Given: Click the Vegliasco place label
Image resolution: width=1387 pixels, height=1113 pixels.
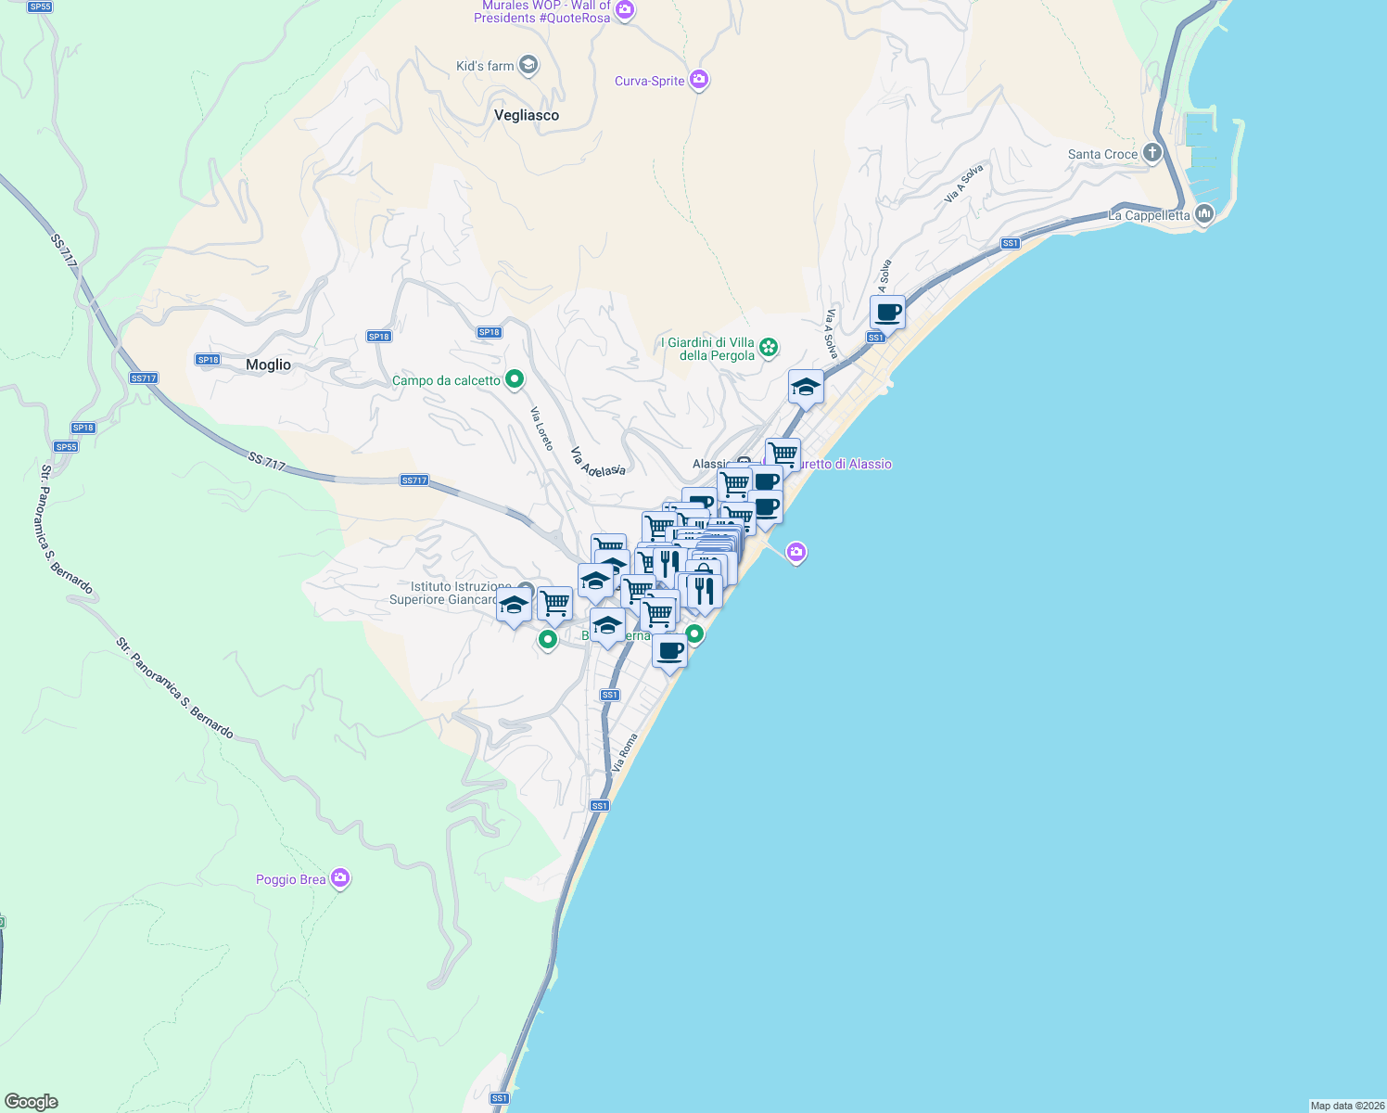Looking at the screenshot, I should click(x=527, y=115).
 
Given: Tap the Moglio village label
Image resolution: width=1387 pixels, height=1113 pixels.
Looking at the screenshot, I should click(x=268, y=365).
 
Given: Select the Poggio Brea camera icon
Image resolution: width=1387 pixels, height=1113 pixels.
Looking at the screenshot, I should click(x=340, y=877).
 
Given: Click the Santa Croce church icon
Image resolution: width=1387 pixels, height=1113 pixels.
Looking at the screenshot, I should click(x=1152, y=153).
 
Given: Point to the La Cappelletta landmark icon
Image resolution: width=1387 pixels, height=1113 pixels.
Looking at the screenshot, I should click(x=1204, y=214).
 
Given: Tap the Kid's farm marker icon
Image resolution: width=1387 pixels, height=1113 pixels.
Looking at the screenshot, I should click(x=528, y=65).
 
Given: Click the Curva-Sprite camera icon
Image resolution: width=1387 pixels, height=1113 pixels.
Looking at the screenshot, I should click(x=699, y=80).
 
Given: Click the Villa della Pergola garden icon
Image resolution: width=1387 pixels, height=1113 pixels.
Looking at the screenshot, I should click(x=768, y=348).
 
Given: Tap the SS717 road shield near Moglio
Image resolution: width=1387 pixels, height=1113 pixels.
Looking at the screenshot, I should click(x=144, y=378).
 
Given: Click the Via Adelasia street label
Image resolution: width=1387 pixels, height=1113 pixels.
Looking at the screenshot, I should click(x=597, y=461).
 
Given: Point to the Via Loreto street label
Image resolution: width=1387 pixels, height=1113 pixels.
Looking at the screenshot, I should click(x=541, y=429).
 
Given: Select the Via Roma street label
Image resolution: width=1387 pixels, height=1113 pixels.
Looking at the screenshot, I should click(x=625, y=752).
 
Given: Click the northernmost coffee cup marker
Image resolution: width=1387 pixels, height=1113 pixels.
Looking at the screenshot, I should click(x=887, y=313).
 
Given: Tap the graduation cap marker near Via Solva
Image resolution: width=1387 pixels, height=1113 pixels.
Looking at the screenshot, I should click(x=806, y=387).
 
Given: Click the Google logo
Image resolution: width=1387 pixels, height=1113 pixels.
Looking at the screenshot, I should click(x=31, y=1102).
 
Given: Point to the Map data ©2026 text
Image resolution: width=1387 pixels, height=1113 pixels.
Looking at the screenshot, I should click(x=1347, y=1106).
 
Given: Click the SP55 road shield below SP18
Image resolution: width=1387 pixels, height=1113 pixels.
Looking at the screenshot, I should click(x=66, y=447).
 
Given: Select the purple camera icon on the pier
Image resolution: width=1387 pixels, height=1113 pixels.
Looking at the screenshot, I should click(x=795, y=553).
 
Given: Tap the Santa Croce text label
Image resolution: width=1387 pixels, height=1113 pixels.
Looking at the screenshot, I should click(x=1102, y=154).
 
